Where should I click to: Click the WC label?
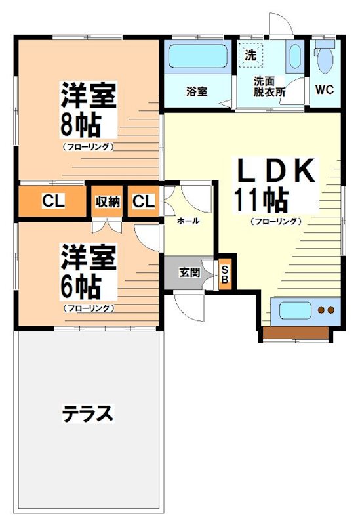click(x=324, y=90)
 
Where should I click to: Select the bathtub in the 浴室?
click(x=198, y=56)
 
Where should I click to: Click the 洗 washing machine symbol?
click(x=251, y=55)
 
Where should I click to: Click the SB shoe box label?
click(x=224, y=274)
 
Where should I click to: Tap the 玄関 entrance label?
click(x=190, y=272)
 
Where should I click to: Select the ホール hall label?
click(x=188, y=220)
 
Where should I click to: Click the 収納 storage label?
click(x=108, y=201)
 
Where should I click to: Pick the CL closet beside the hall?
click(x=144, y=201)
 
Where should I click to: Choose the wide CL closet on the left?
click(x=53, y=201)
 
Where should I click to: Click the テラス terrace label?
click(x=88, y=414)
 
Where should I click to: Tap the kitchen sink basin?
click(x=296, y=310)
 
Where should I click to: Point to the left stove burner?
click(x=321, y=310)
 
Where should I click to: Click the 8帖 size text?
click(x=81, y=125)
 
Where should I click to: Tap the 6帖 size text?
click(x=81, y=287)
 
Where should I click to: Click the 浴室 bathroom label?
click(x=197, y=91)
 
